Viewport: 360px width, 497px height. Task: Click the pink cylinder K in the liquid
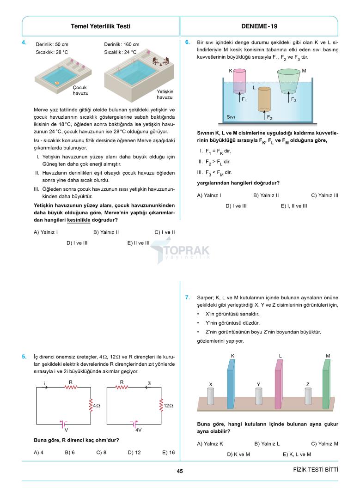point(239,81)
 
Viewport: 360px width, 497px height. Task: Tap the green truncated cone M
point(289,81)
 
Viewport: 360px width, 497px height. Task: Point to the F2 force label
point(269,117)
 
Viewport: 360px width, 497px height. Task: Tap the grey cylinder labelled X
point(211,396)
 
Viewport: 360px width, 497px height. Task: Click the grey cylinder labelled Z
point(308,396)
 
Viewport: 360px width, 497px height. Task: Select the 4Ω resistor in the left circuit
point(91,406)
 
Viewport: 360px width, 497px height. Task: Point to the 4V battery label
point(138,430)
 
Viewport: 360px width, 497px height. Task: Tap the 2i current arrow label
point(149,383)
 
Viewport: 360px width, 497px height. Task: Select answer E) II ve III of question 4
point(138,242)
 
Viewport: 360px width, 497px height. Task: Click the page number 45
point(180,471)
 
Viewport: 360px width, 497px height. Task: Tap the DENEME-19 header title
point(259,26)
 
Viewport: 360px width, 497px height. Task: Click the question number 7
point(187,297)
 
